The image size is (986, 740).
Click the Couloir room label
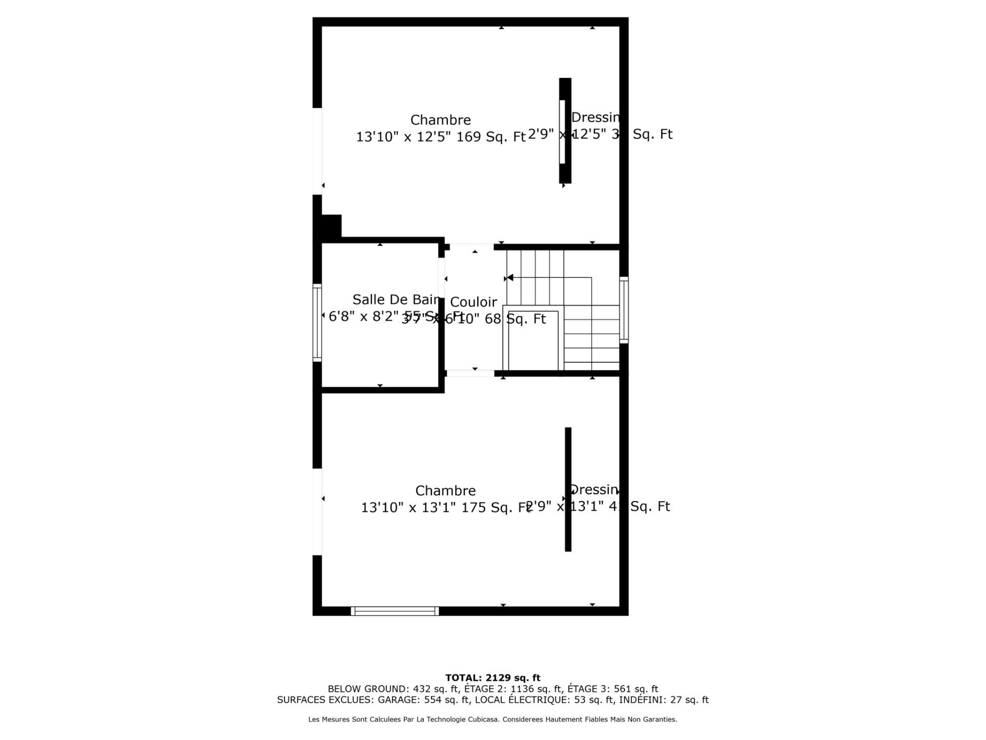pos(473,302)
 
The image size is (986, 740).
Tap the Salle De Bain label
pos(395,300)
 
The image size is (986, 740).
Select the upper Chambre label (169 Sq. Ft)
pos(440,120)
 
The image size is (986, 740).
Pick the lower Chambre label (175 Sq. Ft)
pos(445,491)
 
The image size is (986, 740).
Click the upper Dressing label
pos(595,118)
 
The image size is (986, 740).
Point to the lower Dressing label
pos(594,490)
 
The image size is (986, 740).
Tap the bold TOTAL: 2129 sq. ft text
pos(492,678)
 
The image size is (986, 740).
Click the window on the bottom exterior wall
pos(394,611)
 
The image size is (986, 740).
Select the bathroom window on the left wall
pos(317,322)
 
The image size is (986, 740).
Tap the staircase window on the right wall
pos(624,310)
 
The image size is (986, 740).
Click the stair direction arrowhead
pos(509,278)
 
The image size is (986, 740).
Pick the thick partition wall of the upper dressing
pos(565,131)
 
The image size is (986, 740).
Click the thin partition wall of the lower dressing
pos(568,489)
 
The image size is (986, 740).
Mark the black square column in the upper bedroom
pos(331,226)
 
